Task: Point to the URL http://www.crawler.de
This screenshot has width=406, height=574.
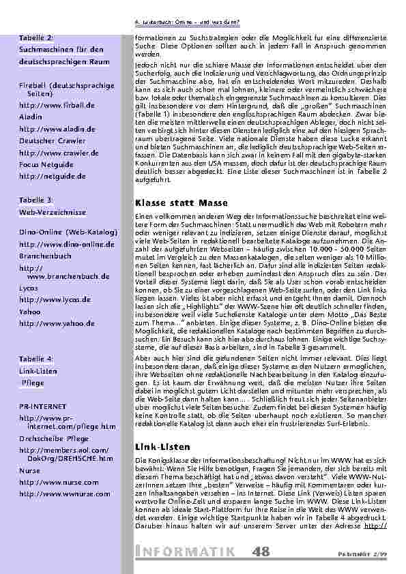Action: coord(49,152)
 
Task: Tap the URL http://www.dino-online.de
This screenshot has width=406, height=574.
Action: coord(57,243)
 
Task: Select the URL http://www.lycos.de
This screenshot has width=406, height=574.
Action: coord(45,299)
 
